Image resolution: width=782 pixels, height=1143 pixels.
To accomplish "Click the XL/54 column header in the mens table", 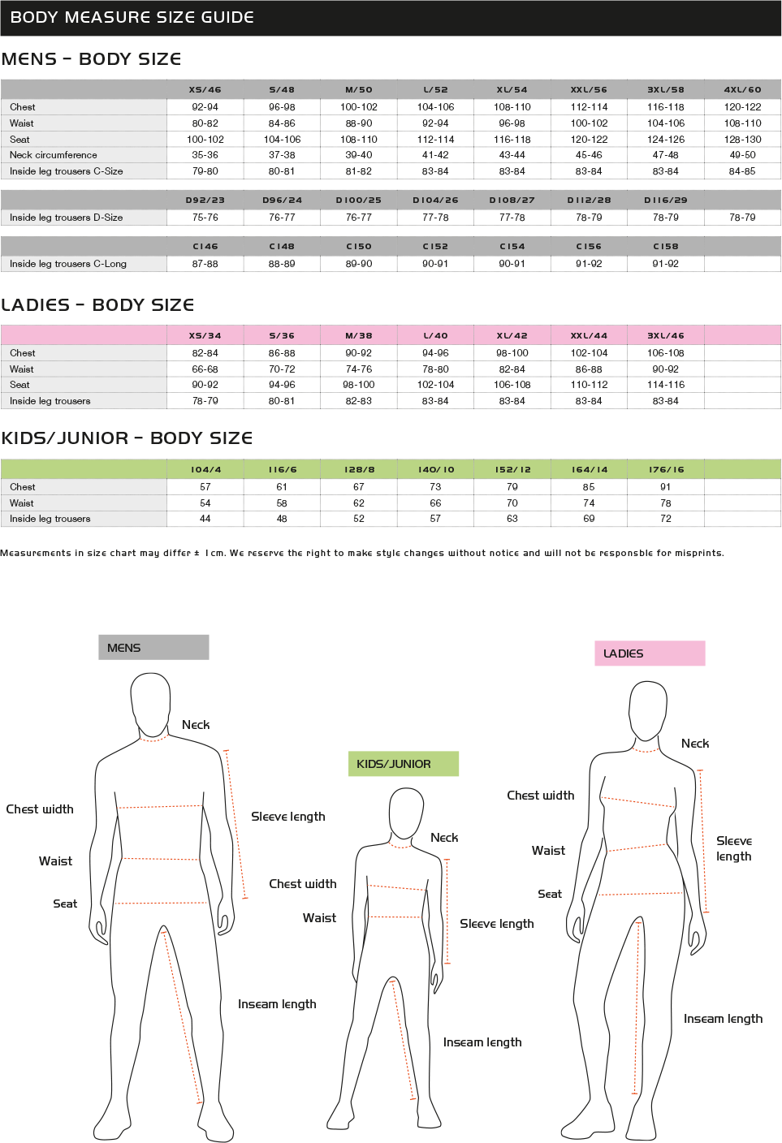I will pos(512,90).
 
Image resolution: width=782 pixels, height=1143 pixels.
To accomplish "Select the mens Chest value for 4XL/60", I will pos(742,107).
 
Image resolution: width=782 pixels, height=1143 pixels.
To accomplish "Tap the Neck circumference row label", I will pos(54,155).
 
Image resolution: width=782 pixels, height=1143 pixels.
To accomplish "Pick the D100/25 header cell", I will pos(358,200).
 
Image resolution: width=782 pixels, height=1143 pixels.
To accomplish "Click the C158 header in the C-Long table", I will pos(665,246).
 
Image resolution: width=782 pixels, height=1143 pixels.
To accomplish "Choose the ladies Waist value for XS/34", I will pos(205,369).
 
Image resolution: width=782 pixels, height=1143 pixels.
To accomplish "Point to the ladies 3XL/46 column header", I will pos(665,335).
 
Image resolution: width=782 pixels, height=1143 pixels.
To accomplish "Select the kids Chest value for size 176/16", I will pos(665,487).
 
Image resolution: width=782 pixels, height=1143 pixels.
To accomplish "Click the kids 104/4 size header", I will pos(205,469).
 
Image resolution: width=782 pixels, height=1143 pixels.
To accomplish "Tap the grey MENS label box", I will pos(153,647).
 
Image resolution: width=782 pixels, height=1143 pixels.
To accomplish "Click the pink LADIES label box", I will pos(649,653).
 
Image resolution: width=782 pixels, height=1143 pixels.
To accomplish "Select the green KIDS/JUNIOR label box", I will pos(403,764).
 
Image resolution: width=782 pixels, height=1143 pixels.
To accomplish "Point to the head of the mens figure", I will pos(150,703).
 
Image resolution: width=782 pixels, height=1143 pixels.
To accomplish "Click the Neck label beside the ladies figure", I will pos(695,744).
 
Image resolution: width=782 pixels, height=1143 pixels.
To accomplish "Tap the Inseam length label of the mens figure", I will pos(277,1004).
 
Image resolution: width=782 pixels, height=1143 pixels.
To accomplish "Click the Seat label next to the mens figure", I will pos(65,904).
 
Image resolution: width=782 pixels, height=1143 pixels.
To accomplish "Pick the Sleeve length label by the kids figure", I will pos(497,924).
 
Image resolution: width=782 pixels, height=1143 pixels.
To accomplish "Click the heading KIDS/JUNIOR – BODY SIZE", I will pos(127,438).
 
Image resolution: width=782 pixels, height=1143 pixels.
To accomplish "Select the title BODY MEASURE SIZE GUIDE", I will pos(132,17).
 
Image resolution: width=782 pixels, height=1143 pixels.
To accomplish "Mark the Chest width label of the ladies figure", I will pos(540,796).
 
